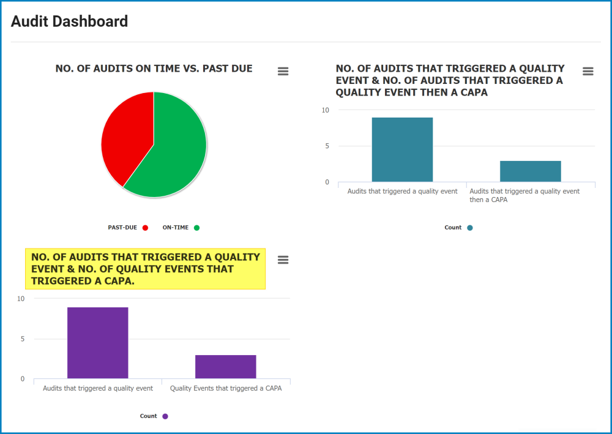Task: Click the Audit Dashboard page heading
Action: click(69, 21)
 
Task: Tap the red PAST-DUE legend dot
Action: click(145, 228)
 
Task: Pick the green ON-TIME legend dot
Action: click(196, 228)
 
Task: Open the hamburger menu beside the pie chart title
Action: click(283, 71)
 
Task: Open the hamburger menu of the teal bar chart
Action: click(588, 71)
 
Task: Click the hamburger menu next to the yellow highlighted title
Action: click(283, 260)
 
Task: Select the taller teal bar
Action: click(402, 149)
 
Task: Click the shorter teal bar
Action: click(530, 171)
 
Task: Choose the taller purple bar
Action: click(97, 342)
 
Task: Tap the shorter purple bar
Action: click(225, 366)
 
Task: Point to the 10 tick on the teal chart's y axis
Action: click(326, 110)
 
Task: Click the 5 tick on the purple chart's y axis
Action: click(22, 339)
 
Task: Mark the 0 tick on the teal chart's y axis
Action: click(326, 182)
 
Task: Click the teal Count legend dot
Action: click(470, 228)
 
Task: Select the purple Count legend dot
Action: click(165, 416)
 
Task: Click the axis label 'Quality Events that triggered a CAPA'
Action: click(226, 388)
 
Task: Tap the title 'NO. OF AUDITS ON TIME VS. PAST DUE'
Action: click(154, 69)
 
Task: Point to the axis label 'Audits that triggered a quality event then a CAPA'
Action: click(524, 195)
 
